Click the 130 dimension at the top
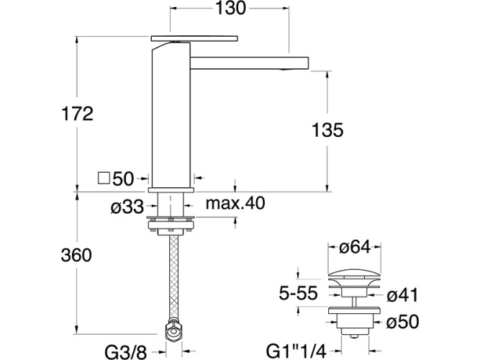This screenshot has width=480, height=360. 230,8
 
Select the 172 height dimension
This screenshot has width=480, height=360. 77,114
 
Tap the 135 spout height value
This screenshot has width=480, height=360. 327,130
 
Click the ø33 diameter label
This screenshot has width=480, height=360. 127,207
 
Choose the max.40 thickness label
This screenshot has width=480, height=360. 235,203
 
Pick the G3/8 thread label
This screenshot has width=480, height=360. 126,352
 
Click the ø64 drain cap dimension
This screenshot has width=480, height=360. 355,247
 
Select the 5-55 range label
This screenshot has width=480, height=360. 298,294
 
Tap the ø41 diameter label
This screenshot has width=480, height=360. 402,295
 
